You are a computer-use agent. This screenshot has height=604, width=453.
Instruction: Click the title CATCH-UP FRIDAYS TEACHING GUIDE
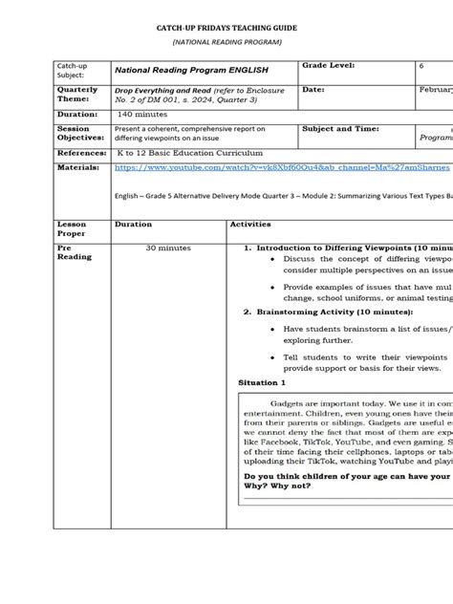pos(226,31)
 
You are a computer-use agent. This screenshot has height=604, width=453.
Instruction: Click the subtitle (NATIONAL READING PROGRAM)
pos(226,44)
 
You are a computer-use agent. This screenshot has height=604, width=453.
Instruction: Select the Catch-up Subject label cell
pos(77,70)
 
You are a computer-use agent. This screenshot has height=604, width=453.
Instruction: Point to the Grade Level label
pos(328,64)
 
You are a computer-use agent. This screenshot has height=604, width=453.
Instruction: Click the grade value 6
pos(421,65)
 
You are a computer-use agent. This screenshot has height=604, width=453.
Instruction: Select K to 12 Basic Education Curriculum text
pos(190,152)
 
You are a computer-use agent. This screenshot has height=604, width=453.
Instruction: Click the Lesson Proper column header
pos(74,229)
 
